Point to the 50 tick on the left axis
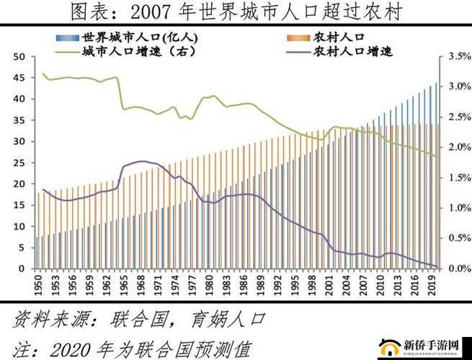pos(19,56)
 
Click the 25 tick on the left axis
pos(19,163)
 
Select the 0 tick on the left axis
pos(22,269)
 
